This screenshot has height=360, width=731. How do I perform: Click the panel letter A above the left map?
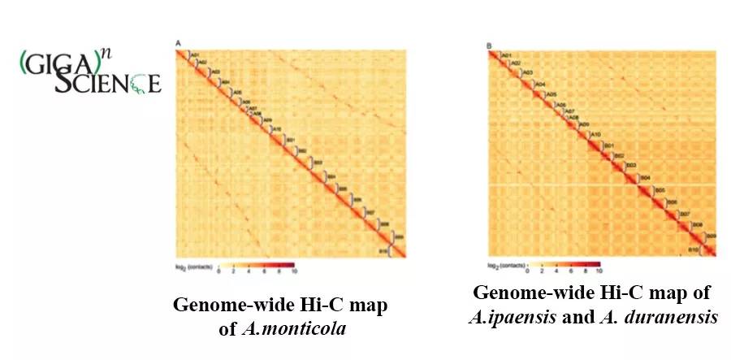pos(177,42)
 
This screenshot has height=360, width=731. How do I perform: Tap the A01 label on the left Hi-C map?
pos(194,54)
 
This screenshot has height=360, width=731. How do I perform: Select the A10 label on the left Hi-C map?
pos(276,129)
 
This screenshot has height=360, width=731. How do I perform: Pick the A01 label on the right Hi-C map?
pos(506,55)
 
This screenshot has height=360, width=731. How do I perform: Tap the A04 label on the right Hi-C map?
pos(540,85)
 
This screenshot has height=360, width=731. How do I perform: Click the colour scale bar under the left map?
pos(251,266)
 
